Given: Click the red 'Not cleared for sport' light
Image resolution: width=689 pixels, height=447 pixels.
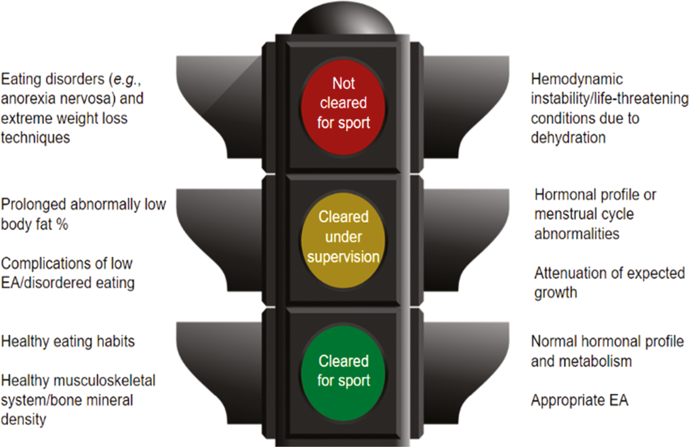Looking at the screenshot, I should pos(343,107).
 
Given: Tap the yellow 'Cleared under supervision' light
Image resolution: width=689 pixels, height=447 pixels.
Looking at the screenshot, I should pos(343,240).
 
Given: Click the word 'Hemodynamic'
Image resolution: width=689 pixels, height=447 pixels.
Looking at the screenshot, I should pos(576,79).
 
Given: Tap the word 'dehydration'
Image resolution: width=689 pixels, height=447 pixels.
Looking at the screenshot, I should pos(568,138).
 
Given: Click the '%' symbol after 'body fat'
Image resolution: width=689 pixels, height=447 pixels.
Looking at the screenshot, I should pos(62,224).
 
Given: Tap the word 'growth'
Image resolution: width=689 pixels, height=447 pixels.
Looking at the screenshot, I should pos(555,293).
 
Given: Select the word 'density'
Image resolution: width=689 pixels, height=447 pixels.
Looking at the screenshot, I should pos(23,420).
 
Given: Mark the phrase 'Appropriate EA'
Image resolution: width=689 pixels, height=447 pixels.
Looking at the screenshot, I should pos(579,400).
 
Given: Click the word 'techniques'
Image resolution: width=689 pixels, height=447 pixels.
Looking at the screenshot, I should pos(35,138).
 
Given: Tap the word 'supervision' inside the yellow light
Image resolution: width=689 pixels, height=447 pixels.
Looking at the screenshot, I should pos(343,257).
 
